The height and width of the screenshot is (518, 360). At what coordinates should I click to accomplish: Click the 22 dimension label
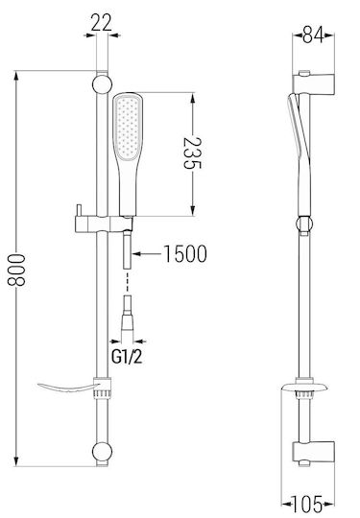(x=101, y=22)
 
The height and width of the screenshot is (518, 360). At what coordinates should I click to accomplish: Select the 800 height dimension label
(x=16, y=270)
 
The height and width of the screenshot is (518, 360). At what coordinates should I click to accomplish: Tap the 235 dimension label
(x=192, y=153)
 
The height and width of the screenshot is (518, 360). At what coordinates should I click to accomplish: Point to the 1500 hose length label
(x=185, y=253)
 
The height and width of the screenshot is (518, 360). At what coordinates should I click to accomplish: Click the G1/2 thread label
(x=127, y=357)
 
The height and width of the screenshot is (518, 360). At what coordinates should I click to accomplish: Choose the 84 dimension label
(x=313, y=35)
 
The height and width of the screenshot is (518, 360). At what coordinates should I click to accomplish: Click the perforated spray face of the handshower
(x=128, y=129)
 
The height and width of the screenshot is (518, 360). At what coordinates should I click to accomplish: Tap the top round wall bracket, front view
(x=102, y=84)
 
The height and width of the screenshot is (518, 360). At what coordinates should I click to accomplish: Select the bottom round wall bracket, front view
(x=102, y=452)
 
